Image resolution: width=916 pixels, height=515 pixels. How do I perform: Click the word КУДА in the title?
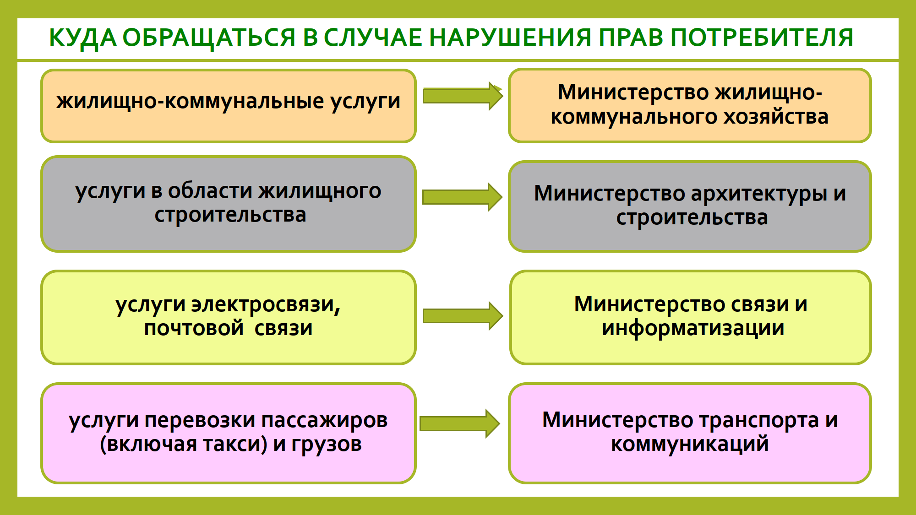point(82,38)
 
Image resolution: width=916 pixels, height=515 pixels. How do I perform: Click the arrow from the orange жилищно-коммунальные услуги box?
point(462,96)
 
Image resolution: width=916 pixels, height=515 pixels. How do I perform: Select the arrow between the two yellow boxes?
point(462,316)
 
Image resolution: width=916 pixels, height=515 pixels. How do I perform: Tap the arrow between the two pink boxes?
point(459,423)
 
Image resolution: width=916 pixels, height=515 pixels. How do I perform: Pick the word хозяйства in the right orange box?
point(776,117)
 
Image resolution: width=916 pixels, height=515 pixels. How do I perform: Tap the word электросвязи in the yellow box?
point(266,304)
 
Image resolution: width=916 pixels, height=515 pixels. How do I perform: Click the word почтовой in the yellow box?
point(194,328)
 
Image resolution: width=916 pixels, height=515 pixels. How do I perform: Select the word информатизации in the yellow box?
point(693,328)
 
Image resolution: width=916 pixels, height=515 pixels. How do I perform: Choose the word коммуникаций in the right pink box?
point(690,444)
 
